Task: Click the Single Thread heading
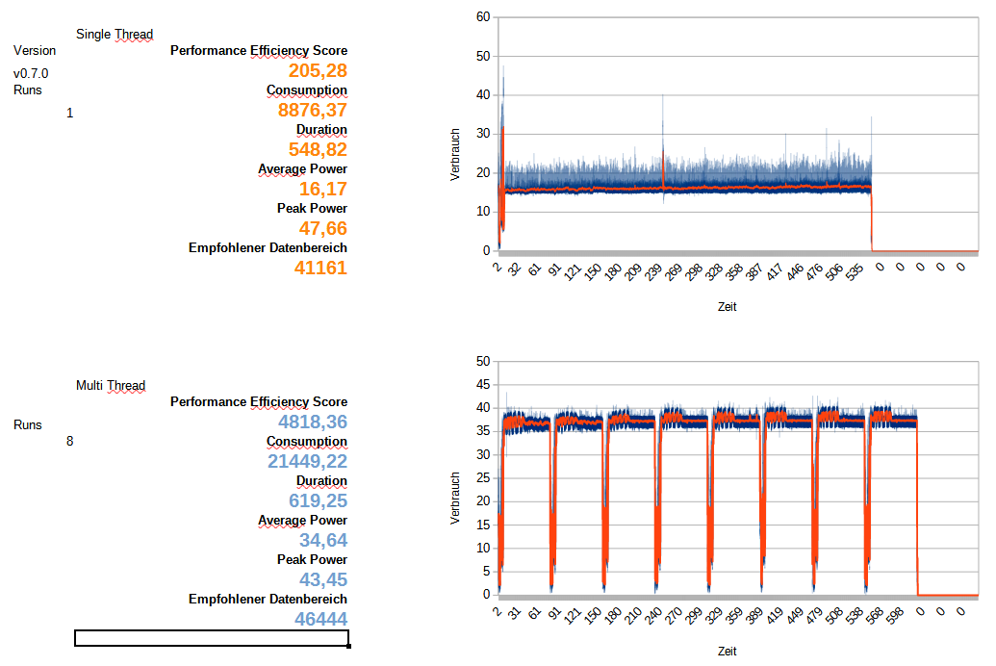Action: (115, 35)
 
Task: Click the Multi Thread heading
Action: (111, 386)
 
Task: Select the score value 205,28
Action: (318, 71)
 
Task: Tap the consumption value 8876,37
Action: (313, 111)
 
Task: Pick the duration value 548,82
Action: (318, 150)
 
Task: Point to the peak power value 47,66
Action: (322, 229)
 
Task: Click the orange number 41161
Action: (320, 269)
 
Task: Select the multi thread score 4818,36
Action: (313, 423)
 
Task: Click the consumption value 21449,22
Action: (308, 462)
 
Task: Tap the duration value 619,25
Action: (318, 501)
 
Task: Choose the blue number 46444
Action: (320, 619)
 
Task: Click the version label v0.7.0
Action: (31, 73)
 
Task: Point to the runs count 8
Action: (69, 442)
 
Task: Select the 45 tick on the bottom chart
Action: (484, 385)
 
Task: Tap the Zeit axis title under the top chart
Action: (728, 307)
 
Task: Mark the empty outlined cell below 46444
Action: (211, 638)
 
